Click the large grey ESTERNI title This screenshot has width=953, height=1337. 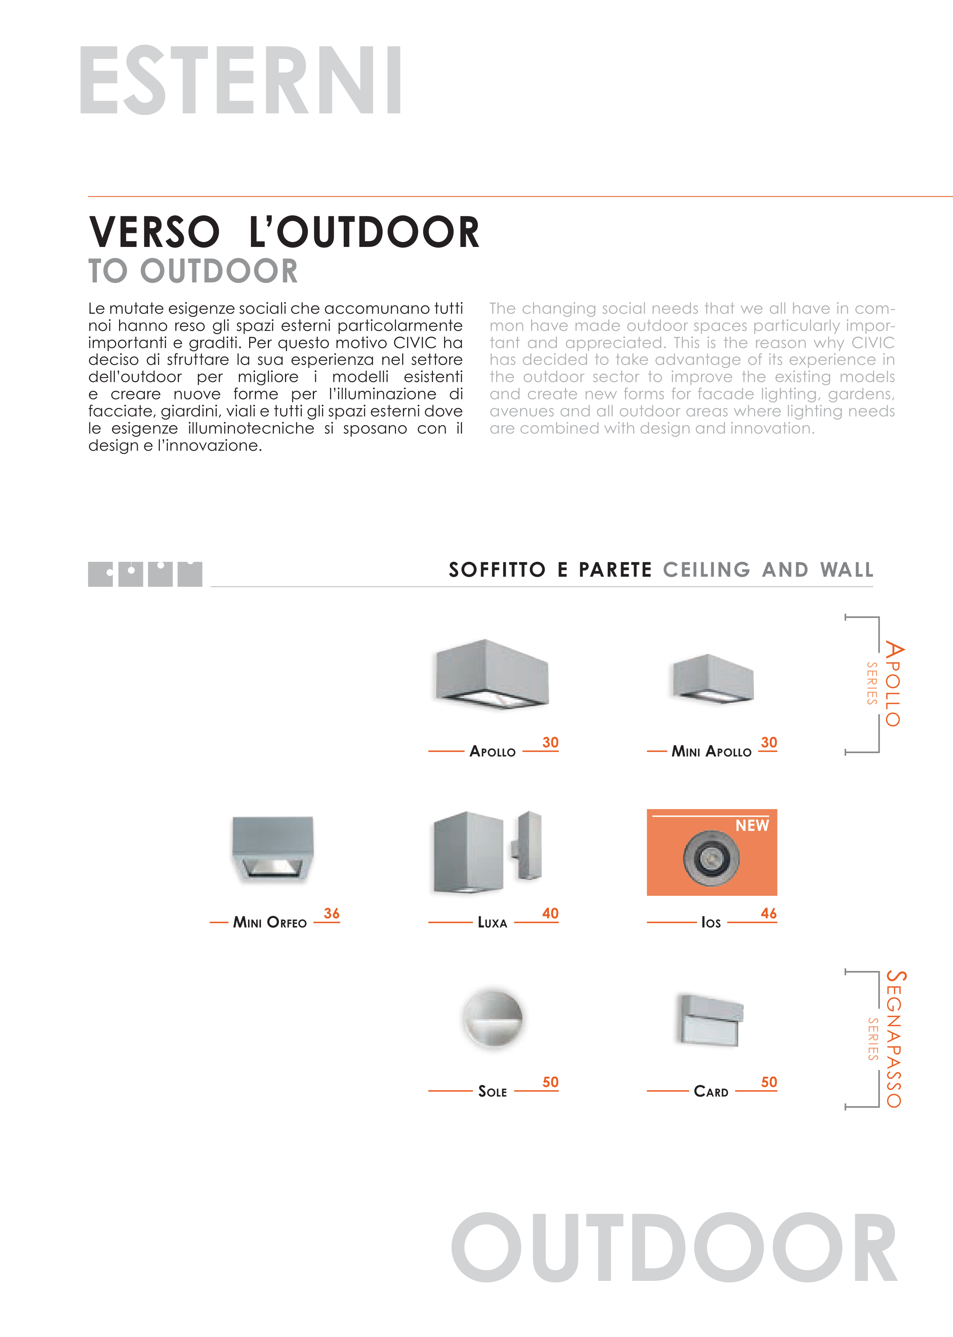pos(241,81)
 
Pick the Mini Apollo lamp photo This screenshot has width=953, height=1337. pos(712,678)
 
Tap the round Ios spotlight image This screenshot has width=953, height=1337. pos(711,858)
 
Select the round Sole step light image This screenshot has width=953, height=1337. pos(493,1018)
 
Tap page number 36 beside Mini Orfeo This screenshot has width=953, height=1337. pos(332,913)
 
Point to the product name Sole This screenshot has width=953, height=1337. pos(493,1092)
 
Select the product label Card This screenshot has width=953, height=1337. pos(711,1092)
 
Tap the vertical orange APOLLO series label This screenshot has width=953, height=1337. pos(893,684)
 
